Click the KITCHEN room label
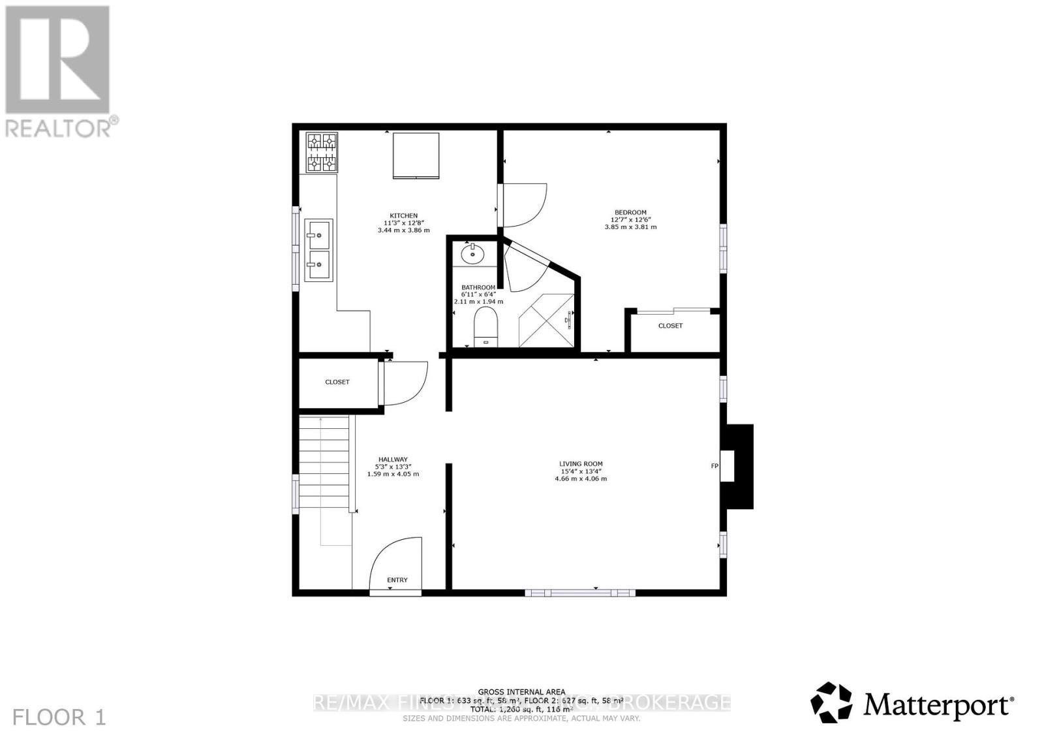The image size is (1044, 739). tap(403, 216)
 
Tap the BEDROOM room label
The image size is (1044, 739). tap(630, 212)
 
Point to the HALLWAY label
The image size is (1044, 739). tap(393, 460)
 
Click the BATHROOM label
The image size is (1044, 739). tap(478, 287)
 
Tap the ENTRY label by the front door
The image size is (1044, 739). tap(397, 580)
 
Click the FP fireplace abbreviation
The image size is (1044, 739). tap(714, 466)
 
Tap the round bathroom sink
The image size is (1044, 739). tap(471, 253)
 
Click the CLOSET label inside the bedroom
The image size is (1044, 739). tap(670, 326)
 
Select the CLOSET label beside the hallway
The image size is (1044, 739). tap(337, 382)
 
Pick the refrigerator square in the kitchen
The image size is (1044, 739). tap(416, 155)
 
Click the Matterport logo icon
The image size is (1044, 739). tap(831, 702)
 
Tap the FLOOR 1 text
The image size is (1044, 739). tap(59, 717)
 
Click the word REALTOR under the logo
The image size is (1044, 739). tap(59, 127)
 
